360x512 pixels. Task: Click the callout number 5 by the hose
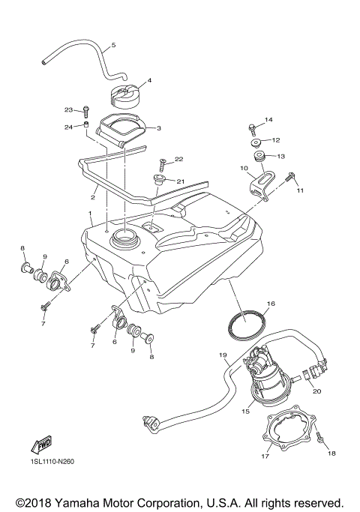[112, 46]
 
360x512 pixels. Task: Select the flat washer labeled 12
[255, 141]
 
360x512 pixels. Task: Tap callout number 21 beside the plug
[180, 181]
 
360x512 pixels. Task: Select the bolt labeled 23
[86, 112]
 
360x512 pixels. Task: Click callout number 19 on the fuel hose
[223, 354]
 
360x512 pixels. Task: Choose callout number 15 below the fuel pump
[244, 412]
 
